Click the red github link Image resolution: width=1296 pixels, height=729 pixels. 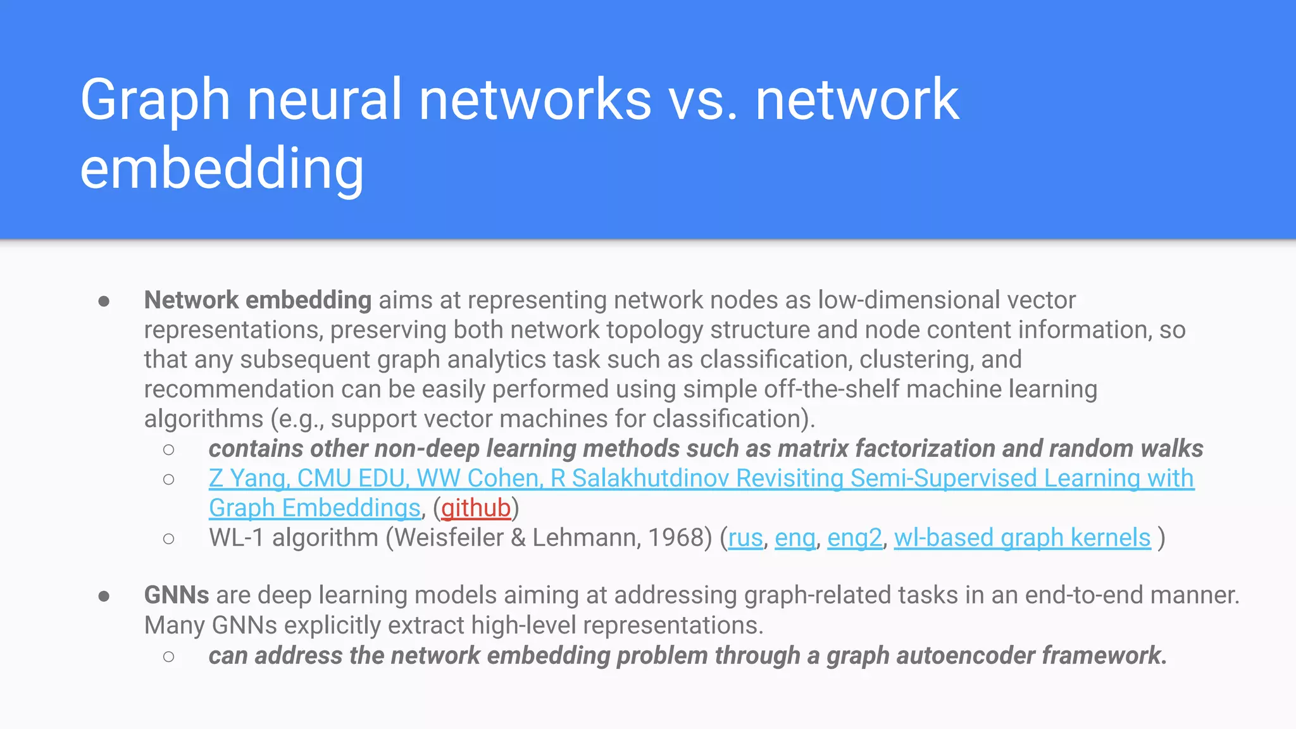coord(476,508)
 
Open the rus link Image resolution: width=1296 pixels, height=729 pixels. coord(745,538)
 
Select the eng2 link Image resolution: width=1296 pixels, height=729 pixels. coord(854,538)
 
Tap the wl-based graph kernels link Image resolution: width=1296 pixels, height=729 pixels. coord(1022,538)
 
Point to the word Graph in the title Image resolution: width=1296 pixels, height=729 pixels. coord(155,100)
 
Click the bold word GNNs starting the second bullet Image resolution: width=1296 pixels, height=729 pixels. coord(177,595)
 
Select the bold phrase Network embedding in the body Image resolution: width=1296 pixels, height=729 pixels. coord(258,300)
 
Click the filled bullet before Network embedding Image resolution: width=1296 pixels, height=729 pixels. coord(104,301)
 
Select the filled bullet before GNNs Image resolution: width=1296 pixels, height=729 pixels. coord(104,596)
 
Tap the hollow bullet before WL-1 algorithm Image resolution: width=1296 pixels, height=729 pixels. coord(168,539)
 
